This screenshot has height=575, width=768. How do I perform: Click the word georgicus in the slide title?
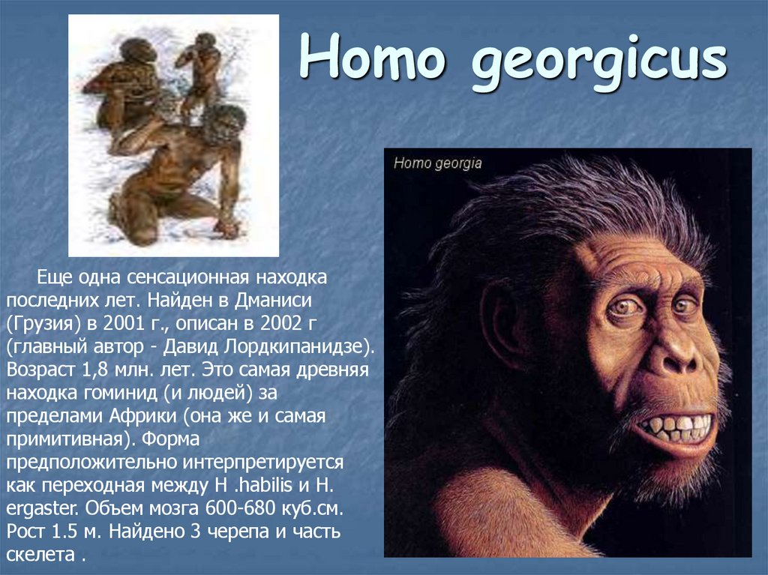(598, 63)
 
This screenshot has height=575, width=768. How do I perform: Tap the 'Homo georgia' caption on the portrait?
(437, 163)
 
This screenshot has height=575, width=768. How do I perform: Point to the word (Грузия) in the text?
(44, 327)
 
